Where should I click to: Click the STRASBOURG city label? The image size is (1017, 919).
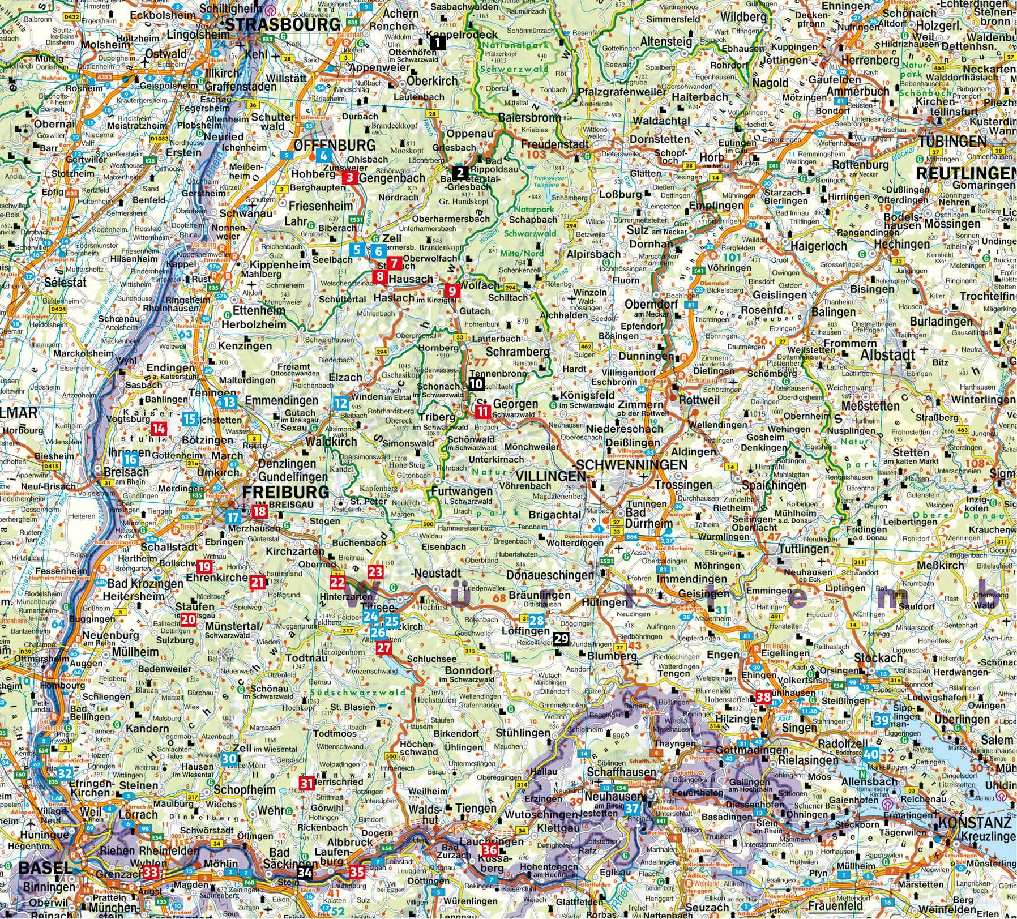pos(283,24)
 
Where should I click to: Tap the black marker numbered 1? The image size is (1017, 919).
pos(438,42)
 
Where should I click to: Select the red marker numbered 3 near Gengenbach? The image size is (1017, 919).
pos(350,178)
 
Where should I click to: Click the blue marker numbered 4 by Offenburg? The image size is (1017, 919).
pos(323,156)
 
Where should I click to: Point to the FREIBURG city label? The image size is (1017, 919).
pos(285,492)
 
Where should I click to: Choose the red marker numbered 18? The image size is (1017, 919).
pos(259,512)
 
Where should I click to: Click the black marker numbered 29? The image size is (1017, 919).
pos(560,639)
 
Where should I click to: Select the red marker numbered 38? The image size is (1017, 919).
pos(763,698)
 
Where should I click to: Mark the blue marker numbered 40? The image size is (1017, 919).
pos(871,754)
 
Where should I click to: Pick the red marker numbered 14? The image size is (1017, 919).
pos(159,429)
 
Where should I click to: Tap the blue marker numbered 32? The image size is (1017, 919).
pos(66,773)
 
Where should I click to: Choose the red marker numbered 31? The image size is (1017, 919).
pos(306,784)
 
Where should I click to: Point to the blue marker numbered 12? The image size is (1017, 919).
pos(340,403)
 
